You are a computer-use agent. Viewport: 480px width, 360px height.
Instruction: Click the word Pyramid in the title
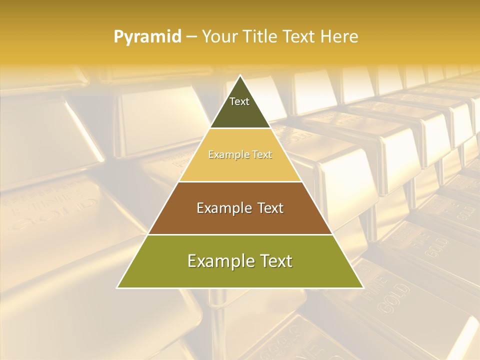(147, 37)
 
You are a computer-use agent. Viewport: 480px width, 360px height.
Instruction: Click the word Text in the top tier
(239, 101)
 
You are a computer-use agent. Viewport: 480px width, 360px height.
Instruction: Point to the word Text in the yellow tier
(262, 154)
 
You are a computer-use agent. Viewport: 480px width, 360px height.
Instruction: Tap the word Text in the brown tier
(270, 208)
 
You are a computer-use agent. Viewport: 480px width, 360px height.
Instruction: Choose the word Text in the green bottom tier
(274, 261)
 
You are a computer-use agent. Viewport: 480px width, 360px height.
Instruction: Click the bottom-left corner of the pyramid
(117, 287)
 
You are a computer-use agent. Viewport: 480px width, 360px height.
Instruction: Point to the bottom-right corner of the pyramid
(363, 287)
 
